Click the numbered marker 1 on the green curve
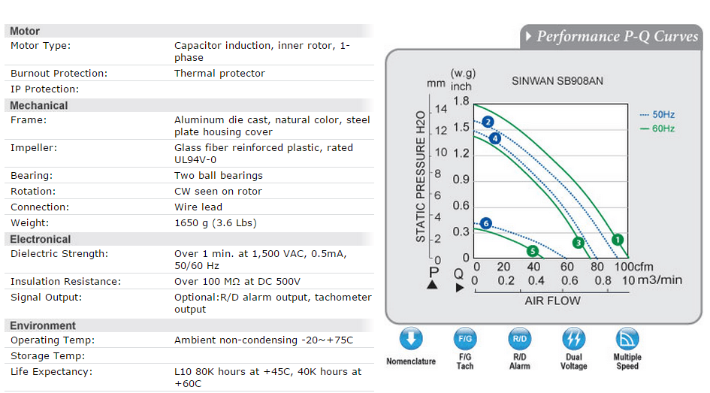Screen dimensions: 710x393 [617, 240]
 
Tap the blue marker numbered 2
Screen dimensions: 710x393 [488, 122]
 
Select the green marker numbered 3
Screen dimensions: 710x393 [578, 243]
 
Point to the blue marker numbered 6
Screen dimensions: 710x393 [486, 223]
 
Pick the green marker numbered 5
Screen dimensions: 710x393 [533, 251]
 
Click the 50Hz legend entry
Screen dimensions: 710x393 [657, 114]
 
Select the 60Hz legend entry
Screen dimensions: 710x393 [657, 128]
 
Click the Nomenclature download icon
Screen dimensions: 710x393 [411, 338]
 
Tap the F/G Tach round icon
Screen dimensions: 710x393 [465, 338]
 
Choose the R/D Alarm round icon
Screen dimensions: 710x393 [519, 338]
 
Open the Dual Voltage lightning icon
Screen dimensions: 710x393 [574, 338]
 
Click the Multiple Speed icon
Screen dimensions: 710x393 [627, 338]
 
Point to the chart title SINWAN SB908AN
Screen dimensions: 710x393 [557, 81]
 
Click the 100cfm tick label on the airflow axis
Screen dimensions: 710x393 [634, 267]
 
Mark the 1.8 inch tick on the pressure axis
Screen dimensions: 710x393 [461, 101]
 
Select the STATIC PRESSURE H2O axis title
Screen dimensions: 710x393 [421, 177]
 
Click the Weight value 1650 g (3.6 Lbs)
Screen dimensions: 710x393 [216, 222]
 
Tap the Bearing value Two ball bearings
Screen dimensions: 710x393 [218, 175]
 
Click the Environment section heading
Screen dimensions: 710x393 [43, 325]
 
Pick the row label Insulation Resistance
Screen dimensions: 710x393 [65, 282]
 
